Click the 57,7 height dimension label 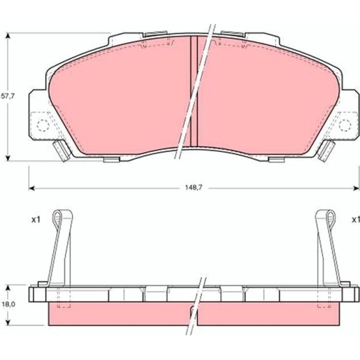click(7, 96)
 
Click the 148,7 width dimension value click(194, 187)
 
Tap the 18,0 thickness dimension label click(8, 304)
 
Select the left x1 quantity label click(36, 220)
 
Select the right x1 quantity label click(356, 220)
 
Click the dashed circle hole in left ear click(43, 126)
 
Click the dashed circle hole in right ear click(345, 126)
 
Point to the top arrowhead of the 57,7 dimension click(8, 36)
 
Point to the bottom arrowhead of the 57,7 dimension click(8, 158)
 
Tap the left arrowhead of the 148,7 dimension click(32, 188)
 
